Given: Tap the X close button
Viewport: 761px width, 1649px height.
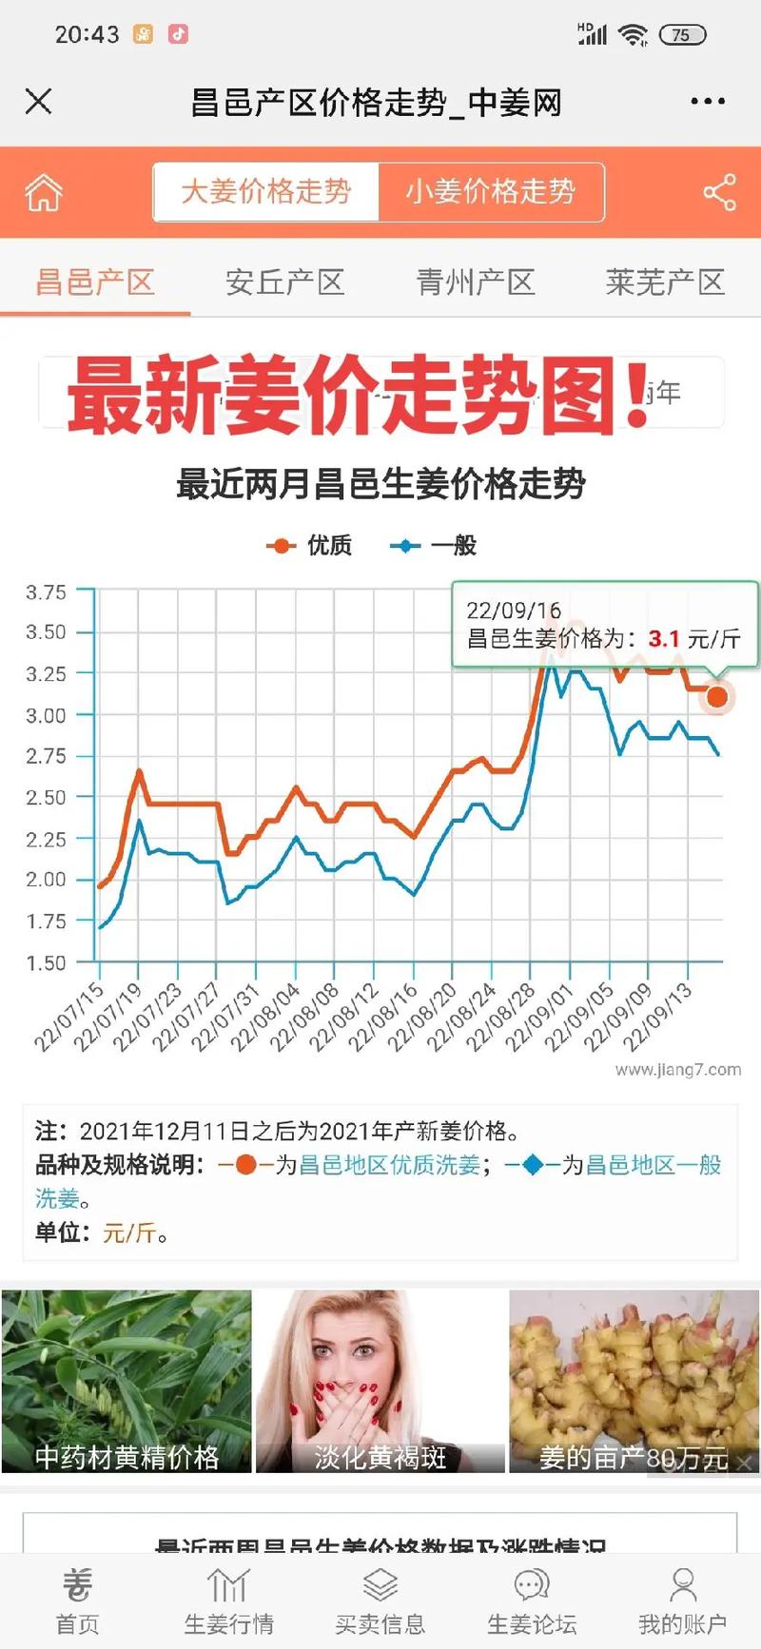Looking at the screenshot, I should tap(38, 101).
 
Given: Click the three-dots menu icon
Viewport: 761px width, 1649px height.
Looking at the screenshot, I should tap(708, 102).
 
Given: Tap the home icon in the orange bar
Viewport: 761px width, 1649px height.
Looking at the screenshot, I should tap(44, 192).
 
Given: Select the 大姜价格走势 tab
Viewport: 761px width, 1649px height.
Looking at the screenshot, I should tap(266, 192).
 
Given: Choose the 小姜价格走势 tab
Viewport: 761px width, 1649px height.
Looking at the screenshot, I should tap(491, 192).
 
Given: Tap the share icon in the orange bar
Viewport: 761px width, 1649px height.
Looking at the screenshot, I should tap(720, 192).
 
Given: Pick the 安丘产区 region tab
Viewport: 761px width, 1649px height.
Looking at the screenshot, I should tap(284, 282).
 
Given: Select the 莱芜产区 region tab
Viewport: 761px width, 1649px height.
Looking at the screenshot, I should tap(665, 282).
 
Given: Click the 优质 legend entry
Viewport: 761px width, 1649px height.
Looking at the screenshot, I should tap(310, 545).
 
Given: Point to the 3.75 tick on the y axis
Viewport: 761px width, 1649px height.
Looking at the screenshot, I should tap(46, 592).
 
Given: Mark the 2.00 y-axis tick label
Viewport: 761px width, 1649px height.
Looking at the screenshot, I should tap(46, 880).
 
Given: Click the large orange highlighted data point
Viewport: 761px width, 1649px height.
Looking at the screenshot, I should tap(717, 697).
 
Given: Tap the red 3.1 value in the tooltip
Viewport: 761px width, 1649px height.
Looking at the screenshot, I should tap(664, 639).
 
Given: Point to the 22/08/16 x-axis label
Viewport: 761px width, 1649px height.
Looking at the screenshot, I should tap(383, 1017).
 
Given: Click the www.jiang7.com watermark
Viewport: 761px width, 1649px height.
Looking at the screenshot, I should tap(677, 1070).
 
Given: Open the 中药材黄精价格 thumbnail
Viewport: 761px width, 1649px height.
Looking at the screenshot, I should tap(127, 1381).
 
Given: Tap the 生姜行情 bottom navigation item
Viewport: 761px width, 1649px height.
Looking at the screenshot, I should tap(228, 1603).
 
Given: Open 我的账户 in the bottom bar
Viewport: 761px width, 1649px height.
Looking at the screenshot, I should tap(682, 1603).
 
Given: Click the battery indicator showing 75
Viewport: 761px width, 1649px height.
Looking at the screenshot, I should tap(682, 35).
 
